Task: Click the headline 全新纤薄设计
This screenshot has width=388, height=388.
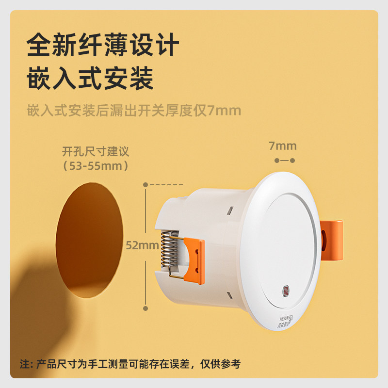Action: (103, 47)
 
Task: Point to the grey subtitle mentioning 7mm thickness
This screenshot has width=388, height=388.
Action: (133, 111)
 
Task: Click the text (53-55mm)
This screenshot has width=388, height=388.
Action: (96, 166)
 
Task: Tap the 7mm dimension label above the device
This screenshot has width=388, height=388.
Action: (282, 146)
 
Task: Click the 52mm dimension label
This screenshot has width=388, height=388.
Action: (142, 245)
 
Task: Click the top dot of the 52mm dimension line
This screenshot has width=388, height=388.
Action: (145, 184)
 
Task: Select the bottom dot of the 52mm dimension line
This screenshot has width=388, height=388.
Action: (145, 307)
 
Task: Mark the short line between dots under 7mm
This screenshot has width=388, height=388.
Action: (285, 160)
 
